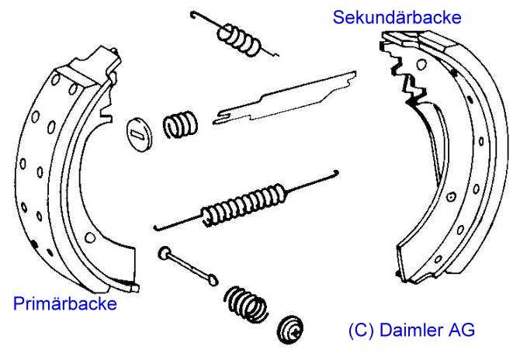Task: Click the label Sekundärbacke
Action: coord(397,17)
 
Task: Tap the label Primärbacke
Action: coord(65,303)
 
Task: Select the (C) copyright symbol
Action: coord(362,330)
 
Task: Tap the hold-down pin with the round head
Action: coord(188,265)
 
